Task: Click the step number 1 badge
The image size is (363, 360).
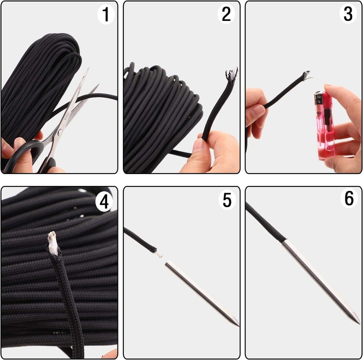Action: point(106,15)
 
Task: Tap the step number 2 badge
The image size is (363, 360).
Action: point(226,15)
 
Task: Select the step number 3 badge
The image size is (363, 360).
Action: point(348,15)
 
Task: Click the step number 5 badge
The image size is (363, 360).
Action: point(226,200)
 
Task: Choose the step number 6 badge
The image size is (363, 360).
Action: point(348,199)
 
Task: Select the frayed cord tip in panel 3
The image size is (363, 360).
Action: point(307,74)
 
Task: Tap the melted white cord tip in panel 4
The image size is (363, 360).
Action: point(53,243)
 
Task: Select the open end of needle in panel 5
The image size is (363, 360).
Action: point(167,264)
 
